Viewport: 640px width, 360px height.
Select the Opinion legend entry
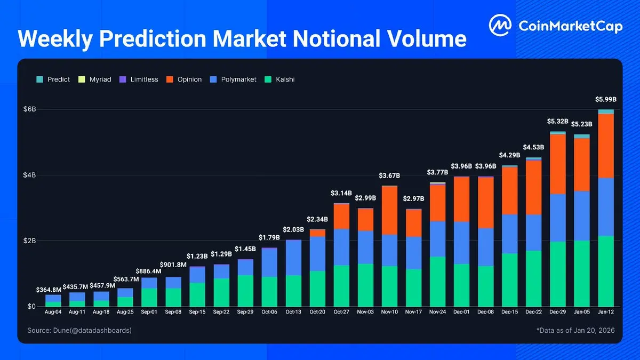click(x=185, y=79)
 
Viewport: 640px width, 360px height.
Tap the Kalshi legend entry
click(x=281, y=79)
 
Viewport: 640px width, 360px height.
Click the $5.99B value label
click(x=605, y=100)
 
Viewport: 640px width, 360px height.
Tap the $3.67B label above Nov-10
click(x=389, y=175)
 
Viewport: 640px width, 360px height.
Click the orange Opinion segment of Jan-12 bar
click(x=605, y=145)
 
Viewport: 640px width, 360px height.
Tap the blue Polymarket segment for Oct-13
click(x=293, y=258)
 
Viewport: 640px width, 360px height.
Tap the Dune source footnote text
click(x=79, y=331)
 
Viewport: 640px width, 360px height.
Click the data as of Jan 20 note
click(x=575, y=331)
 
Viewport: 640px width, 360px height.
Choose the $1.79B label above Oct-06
click(x=269, y=237)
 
